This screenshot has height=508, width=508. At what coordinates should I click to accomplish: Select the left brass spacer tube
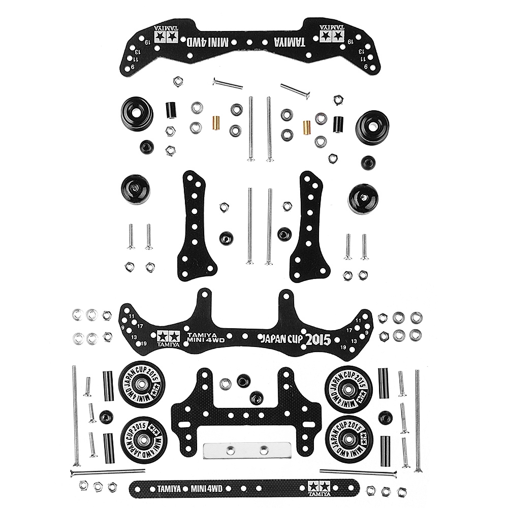pyautogui.click(x=215, y=122)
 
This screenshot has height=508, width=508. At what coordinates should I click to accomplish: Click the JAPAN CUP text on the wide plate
pyautogui.click(x=280, y=339)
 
